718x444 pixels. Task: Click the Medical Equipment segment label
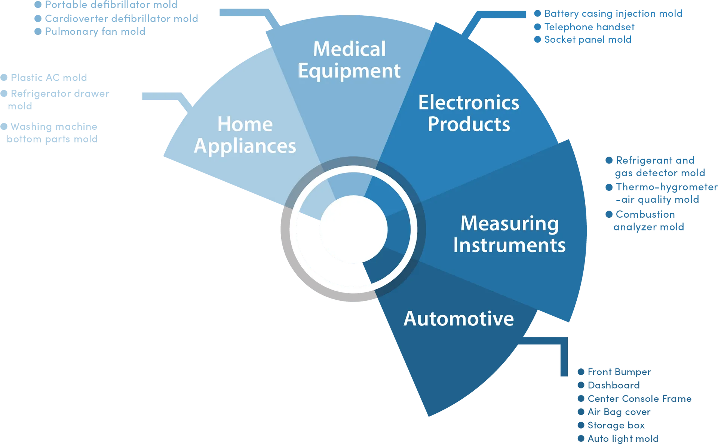[349, 60]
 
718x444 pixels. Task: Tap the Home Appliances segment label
[245, 135]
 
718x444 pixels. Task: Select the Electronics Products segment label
[469, 113]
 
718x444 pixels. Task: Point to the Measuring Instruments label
[509, 235]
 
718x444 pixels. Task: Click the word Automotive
[459, 319]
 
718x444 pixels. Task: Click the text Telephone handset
[589, 27]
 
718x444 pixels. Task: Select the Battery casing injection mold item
[613, 14]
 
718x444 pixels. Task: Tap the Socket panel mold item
[588, 40]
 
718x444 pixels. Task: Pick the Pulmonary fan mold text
[95, 32]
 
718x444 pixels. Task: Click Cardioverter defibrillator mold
[122, 19]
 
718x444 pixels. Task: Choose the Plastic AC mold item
[49, 77]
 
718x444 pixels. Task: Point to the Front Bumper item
[619, 372]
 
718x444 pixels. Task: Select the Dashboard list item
[614, 385]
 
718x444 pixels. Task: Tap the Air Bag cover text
[619, 412]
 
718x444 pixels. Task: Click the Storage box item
[616, 425]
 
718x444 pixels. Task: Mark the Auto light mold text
[623, 439]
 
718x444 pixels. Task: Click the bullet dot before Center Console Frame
[581, 399]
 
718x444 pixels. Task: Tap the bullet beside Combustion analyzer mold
[609, 214]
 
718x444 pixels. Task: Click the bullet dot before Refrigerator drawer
[4, 93]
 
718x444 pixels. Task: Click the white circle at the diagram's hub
[354, 229]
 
